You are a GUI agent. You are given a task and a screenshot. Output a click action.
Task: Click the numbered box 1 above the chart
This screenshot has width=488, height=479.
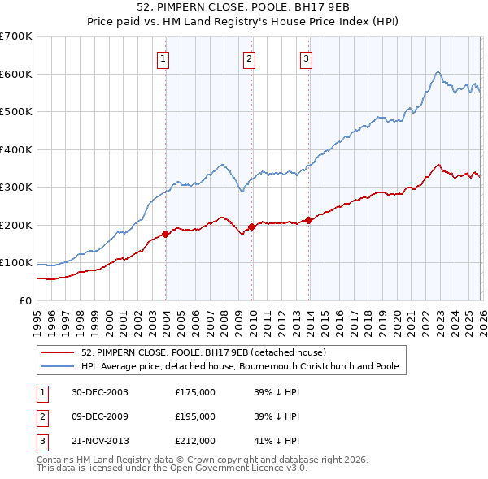point(163,58)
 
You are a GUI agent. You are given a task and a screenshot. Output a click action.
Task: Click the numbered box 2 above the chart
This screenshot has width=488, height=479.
point(249,58)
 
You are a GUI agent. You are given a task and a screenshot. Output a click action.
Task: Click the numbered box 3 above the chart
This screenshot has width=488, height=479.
point(306,58)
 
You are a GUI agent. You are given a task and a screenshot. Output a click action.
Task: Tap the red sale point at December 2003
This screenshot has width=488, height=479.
point(166,234)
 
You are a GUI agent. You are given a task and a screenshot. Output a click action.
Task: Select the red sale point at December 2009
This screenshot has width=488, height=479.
point(251,227)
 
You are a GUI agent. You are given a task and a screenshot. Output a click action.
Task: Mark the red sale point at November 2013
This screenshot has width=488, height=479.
point(308,220)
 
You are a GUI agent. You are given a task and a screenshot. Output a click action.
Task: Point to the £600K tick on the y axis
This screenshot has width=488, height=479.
point(16,74)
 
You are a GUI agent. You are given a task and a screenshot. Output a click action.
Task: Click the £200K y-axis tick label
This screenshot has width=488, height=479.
point(16,225)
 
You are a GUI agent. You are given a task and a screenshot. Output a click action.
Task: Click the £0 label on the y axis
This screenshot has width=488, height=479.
point(24,300)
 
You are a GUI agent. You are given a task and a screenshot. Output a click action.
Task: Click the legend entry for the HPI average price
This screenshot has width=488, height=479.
point(240,366)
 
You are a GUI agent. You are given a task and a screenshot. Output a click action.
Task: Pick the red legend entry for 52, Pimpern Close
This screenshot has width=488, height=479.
point(203,352)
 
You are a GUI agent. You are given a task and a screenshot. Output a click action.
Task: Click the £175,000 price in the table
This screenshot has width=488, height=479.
point(195,391)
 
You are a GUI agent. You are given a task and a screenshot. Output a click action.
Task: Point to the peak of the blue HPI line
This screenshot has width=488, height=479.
point(438,71)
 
